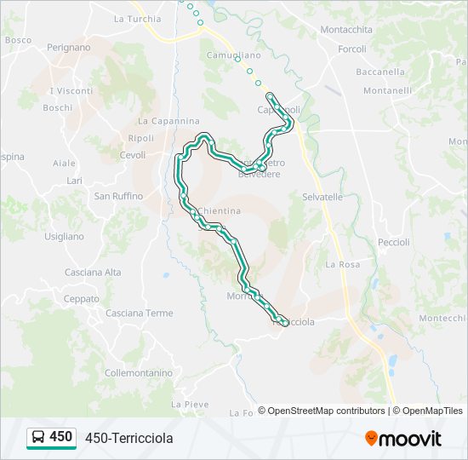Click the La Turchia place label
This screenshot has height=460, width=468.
click(x=137, y=19)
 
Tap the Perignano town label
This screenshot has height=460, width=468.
click(x=69, y=48)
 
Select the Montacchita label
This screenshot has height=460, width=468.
click(x=346, y=29)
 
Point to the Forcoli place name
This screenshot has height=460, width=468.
click(x=351, y=49)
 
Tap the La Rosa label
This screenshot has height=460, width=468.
click(x=342, y=265)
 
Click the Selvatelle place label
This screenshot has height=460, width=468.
click(x=322, y=197)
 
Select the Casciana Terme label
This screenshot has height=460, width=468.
click(x=139, y=313)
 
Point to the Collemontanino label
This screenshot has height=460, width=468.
click(x=138, y=373)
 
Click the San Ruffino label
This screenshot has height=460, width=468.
click(x=118, y=196)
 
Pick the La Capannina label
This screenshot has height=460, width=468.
click(x=168, y=121)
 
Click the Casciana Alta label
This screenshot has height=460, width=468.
click(x=93, y=273)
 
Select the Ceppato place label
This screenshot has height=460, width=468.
click(x=82, y=299)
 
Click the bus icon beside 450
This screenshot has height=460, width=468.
click(x=39, y=438)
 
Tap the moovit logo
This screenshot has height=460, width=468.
click(x=403, y=439)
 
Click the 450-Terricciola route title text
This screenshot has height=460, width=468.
click(x=129, y=438)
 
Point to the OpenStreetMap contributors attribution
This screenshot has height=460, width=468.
click(x=322, y=411)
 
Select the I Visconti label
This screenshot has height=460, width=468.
click(x=71, y=91)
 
